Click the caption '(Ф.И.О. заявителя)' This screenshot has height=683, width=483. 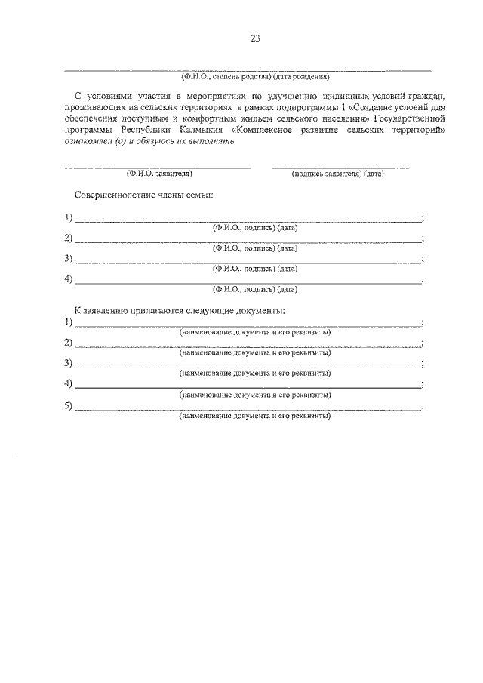159,174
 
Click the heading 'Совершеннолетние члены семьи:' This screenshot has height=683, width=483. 143,195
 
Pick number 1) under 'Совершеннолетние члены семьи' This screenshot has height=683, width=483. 69,218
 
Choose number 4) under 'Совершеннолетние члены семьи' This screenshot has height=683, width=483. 69,280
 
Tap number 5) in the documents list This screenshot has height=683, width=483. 69,406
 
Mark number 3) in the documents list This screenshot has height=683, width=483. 69,363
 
